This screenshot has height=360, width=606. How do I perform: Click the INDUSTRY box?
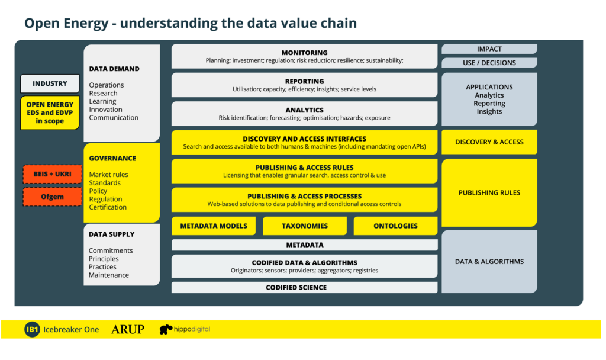[x=50, y=83]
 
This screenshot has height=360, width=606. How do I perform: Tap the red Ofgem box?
[x=53, y=197]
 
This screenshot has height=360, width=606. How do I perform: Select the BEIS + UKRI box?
[x=53, y=174]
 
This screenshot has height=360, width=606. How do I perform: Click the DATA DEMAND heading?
[x=114, y=69]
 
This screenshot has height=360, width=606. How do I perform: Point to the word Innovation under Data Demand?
[x=105, y=110]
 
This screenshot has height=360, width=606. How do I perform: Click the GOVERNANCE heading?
[x=112, y=159]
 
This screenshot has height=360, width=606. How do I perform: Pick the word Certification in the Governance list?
[x=108, y=207]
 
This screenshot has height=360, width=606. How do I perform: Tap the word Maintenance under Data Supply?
[x=109, y=275]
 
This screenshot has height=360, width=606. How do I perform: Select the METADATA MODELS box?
[x=214, y=226]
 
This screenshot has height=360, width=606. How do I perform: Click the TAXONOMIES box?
[x=305, y=226]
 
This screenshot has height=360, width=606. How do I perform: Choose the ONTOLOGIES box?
[x=395, y=226]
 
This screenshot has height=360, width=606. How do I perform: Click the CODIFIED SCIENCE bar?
[x=305, y=287]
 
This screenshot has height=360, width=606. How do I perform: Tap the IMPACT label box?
[x=489, y=49]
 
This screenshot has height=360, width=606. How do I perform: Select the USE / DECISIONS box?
[x=489, y=63]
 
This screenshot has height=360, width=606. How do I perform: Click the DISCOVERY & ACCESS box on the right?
[x=489, y=142]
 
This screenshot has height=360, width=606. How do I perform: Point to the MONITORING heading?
[x=305, y=53]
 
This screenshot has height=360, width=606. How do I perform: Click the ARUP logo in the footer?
[x=128, y=329]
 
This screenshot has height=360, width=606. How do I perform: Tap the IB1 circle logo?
[x=32, y=329]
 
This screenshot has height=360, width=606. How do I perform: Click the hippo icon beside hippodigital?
[x=166, y=329]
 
